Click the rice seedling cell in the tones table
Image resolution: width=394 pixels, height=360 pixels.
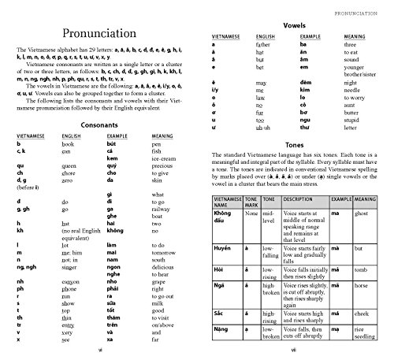tap(364, 335)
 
